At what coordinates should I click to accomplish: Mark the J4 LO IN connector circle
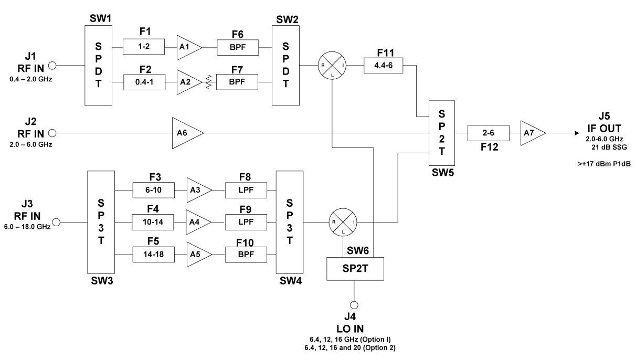pyautogui.click(x=355, y=304)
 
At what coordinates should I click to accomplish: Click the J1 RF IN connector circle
pyautogui.click(x=52, y=66)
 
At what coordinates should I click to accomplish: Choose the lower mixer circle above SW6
pyautogui.click(x=342, y=221)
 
